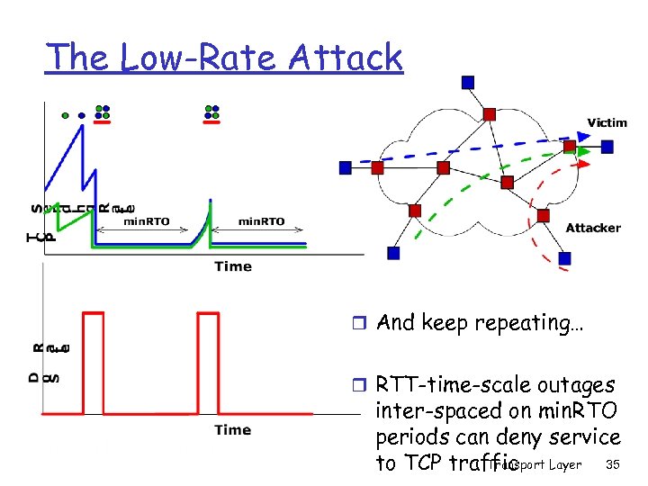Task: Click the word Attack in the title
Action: click(x=346, y=58)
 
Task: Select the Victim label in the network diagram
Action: click(x=608, y=121)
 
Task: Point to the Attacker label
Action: click(x=593, y=229)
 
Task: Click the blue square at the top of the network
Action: click(x=467, y=83)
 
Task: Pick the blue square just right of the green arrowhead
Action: click(x=608, y=146)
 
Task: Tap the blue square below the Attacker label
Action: click(x=564, y=259)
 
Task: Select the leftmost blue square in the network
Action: click(x=346, y=167)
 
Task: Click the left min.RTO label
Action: click(x=146, y=221)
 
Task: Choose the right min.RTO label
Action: click(x=261, y=221)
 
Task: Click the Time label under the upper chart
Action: click(x=233, y=265)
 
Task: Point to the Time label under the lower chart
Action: click(x=233, y=430)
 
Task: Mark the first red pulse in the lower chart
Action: click(x=94, y=360)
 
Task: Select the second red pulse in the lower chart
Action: click(x=207, y=360)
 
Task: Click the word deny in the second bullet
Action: click(x=519, y=437)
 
